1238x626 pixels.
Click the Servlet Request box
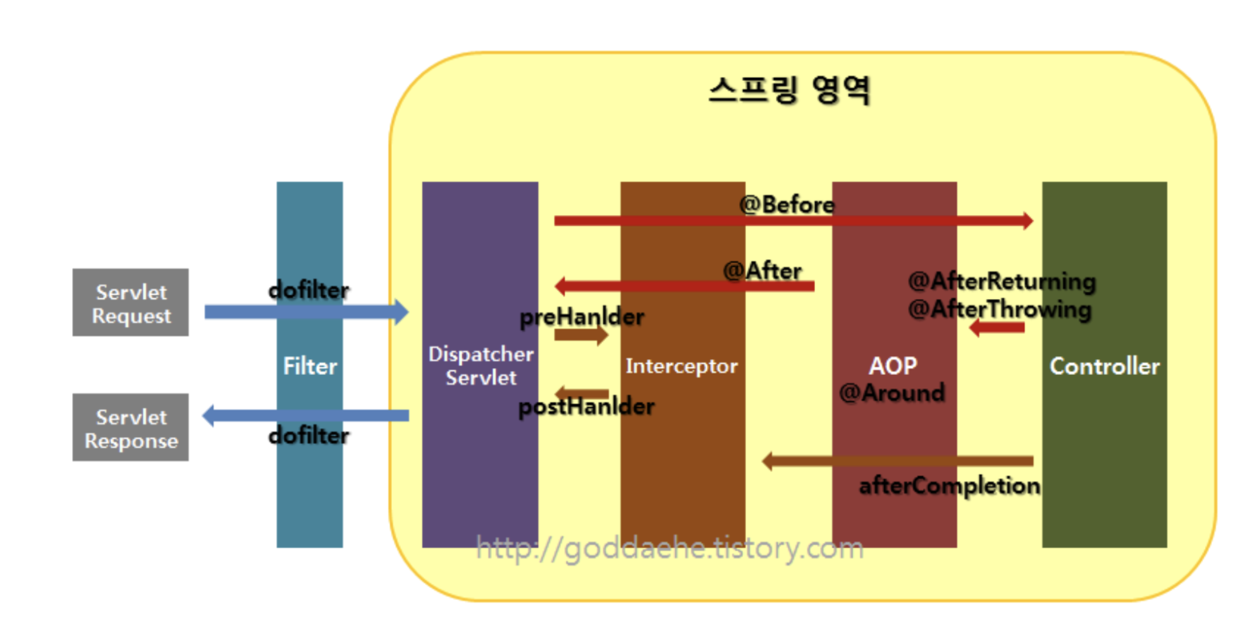click(x=130, y=302)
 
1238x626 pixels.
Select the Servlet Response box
click(x=130, y=427)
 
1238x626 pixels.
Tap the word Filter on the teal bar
click(x=310, y=366)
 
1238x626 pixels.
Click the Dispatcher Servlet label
click(x=481, y=365)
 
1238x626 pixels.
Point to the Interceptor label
click(x=682, y=365)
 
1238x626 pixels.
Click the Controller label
click(x=1104, y=366)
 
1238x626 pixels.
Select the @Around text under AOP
click(x=892, y=393)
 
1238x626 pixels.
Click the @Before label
click(x=787, y=205)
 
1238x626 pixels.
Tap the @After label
click(x=763, y=271)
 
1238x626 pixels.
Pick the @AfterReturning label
click(x=1002, y=281)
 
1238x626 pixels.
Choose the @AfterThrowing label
click(x=1000, y=309)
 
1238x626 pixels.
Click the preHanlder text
click(x=582, y=316)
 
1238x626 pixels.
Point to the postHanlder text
click(x=586, y=407)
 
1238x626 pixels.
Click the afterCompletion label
click(x=949, y=486)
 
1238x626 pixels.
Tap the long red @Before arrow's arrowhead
click(x=1028, y=221)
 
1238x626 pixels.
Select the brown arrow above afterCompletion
click(x=898, y=461)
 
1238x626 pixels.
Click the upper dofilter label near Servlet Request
click(x=309, y=290)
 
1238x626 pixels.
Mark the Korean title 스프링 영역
click(x=789, y=90)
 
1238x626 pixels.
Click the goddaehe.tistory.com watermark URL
click(x=670, y=548)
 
